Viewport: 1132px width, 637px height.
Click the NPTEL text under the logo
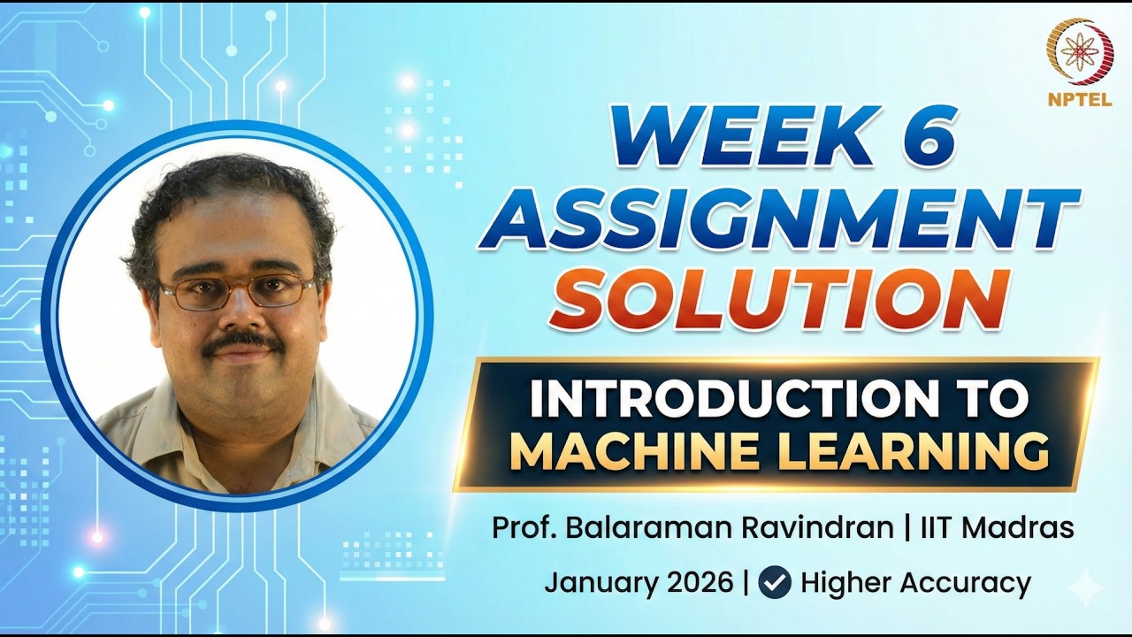click(x=1079, y=100)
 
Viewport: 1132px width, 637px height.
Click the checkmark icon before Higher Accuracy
click(x=775, y=583)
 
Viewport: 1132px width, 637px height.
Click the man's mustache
click(x=241, y=342)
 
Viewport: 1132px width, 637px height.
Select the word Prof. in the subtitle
click(x=520, y=529)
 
